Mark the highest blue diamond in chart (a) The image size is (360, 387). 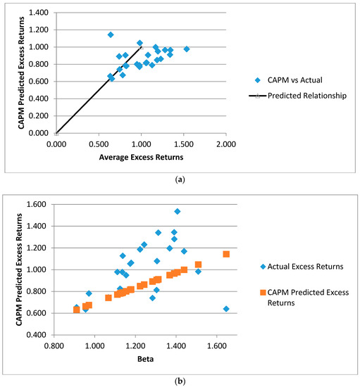(111, 34)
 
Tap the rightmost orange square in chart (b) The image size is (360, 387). (226, 254)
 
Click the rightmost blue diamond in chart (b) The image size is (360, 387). (226, 309)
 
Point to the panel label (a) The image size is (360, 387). (181, 179)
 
